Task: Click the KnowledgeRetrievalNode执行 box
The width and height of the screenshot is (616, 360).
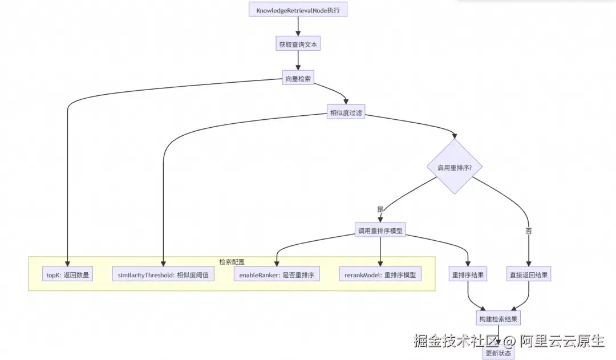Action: click(x=298, y=10)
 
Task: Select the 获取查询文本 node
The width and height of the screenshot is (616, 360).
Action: click(x=298, y=44)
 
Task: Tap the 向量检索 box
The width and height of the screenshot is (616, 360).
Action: click(x=298, y=79)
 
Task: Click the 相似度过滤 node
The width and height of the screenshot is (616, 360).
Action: click(x=346, y=113)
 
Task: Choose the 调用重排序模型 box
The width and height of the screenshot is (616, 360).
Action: click(x=380, y=230)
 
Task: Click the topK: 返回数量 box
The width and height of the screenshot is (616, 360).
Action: click(x=68, y=274)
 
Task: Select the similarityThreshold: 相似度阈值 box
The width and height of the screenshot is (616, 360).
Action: click(x=163, y=274)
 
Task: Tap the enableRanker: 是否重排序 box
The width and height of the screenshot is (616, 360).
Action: click(x=277, y=274)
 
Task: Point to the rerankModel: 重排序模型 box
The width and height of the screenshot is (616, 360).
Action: click(x=380, y=274)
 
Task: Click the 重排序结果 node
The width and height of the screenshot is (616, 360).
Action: click(x=468, y=274)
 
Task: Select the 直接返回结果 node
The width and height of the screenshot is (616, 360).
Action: click(x=529, y=274)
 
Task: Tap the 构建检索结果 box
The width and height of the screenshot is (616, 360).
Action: click(x=499, y=318)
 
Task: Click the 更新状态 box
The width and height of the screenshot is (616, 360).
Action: click(x=499, y=353)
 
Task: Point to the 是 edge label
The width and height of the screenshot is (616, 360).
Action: click(x=380, y=209)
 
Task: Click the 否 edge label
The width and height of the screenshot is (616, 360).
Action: click(x=529, y=230)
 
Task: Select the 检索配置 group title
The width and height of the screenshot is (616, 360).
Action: click(x=232, y=262)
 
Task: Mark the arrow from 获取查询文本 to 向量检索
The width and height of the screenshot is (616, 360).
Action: click(x=298, y=61)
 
